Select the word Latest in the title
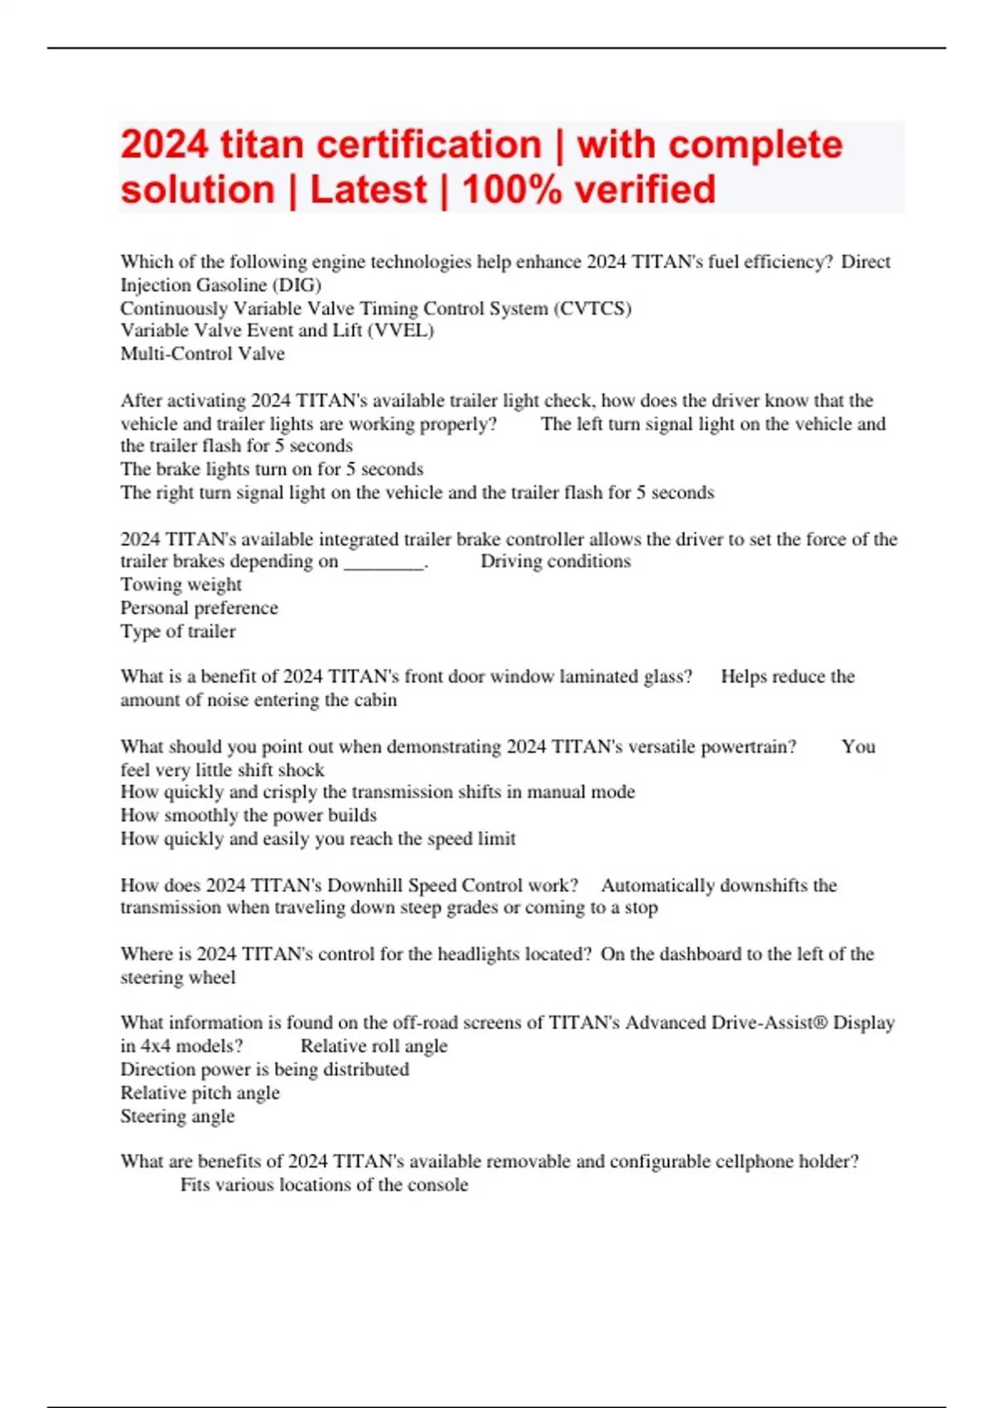369,190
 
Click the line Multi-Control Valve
202,354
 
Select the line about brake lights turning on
272,469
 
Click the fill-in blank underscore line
384,562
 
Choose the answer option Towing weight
181,585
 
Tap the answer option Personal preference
199,608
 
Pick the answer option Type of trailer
177,631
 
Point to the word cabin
375,700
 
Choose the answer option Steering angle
177,1116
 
